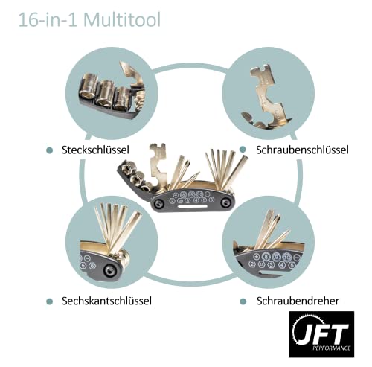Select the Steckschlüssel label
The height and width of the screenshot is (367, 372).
(x=97, y=150)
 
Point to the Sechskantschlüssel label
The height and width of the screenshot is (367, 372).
(x=108, y=301)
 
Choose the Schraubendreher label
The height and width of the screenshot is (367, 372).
(x=297, y=301)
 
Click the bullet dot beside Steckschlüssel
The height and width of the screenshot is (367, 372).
(x=49, y=150)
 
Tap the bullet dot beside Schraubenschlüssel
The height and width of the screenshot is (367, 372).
(x=243, y=150)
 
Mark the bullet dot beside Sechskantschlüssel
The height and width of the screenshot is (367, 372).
(x=49, y=301)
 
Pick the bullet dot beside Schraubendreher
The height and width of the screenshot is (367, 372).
(x=243, y=301)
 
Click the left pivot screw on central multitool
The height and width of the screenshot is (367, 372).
(x=158, y=202)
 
